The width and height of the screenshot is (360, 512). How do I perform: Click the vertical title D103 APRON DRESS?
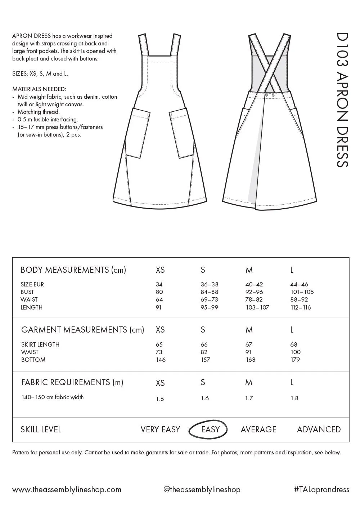tap(342, 100)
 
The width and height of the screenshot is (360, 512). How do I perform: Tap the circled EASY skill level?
tap(210, 429)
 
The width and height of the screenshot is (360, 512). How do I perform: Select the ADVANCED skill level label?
tap(319, 429)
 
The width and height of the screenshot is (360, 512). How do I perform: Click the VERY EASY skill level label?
tap(160, 429)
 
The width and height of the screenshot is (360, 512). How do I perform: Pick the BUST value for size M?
tap(254, 292)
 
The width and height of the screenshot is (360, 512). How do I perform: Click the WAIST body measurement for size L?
tap(298, 299)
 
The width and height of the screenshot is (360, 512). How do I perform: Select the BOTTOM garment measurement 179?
tap(295, 360)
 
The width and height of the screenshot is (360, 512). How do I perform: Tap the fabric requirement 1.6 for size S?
tap(204, 398)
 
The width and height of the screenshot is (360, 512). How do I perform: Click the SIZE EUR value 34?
tap(159, 284)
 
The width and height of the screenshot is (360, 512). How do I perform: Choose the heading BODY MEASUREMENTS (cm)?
tap(73, 270)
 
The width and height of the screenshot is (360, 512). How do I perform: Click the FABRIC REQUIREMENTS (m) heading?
tap(72, 382)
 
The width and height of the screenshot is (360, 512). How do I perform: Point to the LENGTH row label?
tap(32, 307)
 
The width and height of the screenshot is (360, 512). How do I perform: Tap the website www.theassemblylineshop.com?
tap(67, 489)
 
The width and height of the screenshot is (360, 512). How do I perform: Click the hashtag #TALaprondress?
tap(321, 489)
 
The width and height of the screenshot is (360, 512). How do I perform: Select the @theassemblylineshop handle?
tap(202, 489)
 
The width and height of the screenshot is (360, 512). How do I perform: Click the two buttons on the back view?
tap(270, 95)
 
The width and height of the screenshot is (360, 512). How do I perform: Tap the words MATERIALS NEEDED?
tap(39, 89)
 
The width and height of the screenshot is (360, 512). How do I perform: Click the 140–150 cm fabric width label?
tap(53, 397)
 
